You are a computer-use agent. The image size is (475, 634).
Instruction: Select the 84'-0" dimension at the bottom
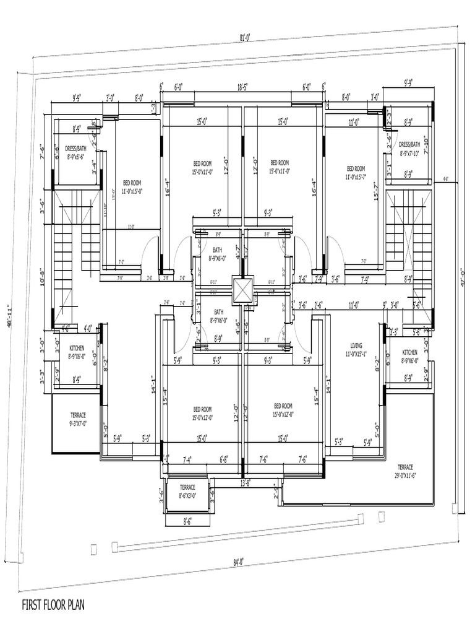239,562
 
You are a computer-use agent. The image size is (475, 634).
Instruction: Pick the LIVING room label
356,349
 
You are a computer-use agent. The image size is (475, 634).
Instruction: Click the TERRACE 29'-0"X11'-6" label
405,470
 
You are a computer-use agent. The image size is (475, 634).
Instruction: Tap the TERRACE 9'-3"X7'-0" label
78,419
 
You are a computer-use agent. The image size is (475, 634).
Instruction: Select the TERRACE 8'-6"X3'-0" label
187,491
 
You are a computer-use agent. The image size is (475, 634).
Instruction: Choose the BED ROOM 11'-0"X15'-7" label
356,172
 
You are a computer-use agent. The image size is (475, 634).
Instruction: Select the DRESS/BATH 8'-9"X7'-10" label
409,148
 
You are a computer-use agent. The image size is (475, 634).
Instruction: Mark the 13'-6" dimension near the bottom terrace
245,482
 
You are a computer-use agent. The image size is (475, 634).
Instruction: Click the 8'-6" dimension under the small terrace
187,521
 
